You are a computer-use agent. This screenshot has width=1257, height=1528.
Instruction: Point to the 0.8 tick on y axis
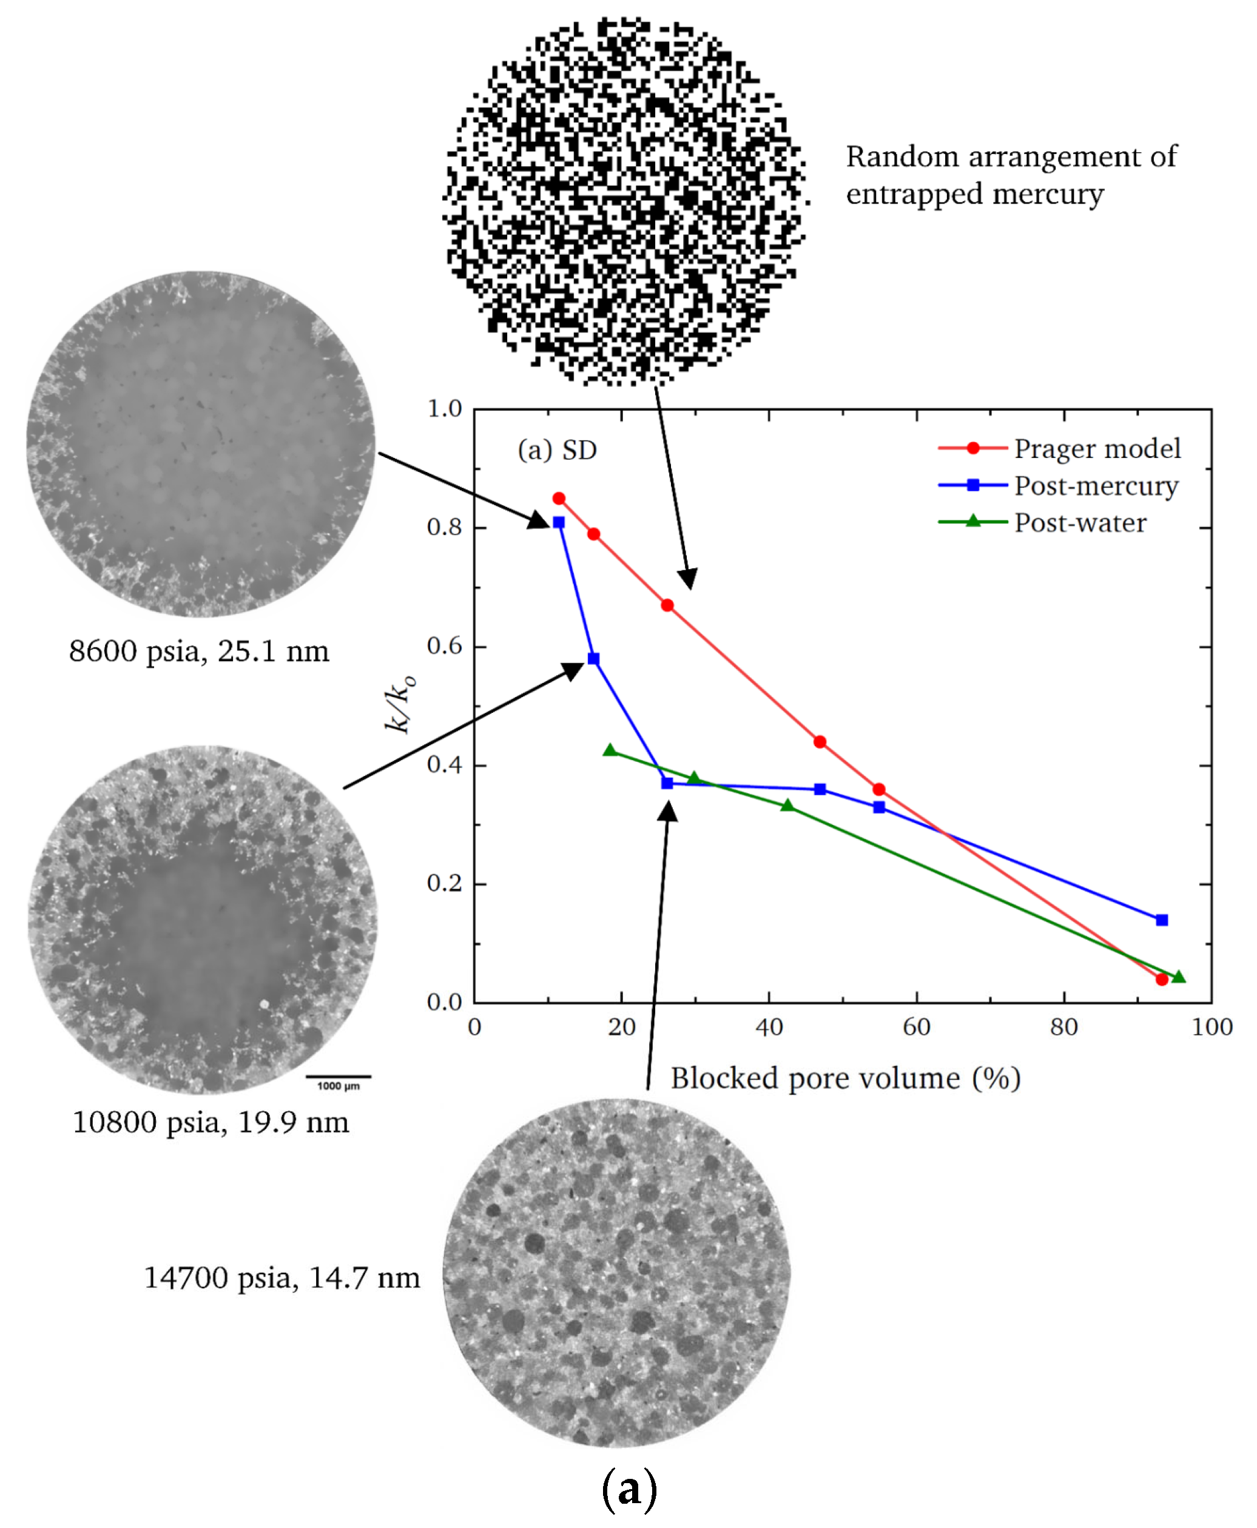(x=444, y=527)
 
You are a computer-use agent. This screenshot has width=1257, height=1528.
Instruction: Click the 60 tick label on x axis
(x=916, y=1026)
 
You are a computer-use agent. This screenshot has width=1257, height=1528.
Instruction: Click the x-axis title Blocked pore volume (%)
(x=845, y=1078)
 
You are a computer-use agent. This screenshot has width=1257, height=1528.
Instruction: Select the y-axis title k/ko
(x=400, y=704)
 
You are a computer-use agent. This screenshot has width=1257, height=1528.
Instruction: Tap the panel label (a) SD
(x=557, y=450)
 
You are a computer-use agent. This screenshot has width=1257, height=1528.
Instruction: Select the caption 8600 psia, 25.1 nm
(x=199, y=651)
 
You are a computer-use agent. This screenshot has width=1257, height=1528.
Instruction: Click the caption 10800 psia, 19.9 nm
(x=211, y=1123)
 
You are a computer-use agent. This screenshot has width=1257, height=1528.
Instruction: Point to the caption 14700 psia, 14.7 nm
(x=281, y=1277)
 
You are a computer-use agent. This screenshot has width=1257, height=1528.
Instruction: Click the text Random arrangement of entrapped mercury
(x=1011, y=175)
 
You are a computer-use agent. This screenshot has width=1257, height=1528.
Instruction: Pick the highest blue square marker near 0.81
(x=559, y=522)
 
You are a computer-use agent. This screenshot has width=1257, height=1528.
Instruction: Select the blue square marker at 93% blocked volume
(x=1161, y=920)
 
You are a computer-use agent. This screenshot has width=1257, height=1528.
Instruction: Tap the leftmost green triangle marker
(x=610, y=750)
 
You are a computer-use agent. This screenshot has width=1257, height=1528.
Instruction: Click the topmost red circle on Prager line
(x=559, y=499)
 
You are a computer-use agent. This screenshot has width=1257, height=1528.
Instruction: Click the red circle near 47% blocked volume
(x=820, y=742)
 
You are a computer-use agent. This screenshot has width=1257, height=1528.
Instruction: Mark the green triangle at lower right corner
(x=1178, y=977)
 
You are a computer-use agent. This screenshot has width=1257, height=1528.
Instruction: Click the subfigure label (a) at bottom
(x=628, y=1490)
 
